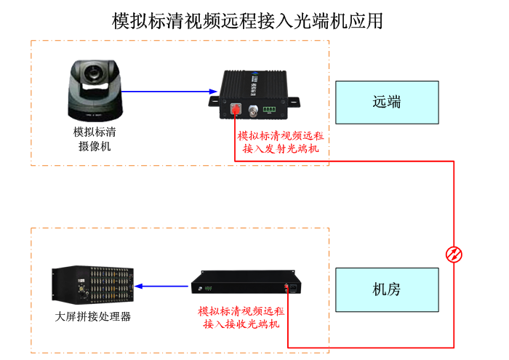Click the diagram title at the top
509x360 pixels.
point(247,20)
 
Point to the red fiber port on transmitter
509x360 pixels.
point(235,111)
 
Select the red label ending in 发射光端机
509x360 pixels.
point(281,143)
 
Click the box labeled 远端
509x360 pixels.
point(387,102)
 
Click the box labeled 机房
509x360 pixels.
point(387,289)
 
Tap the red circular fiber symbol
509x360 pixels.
point(454,254)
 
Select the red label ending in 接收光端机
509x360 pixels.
point(241,317)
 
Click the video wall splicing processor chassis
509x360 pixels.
point(93,286)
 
